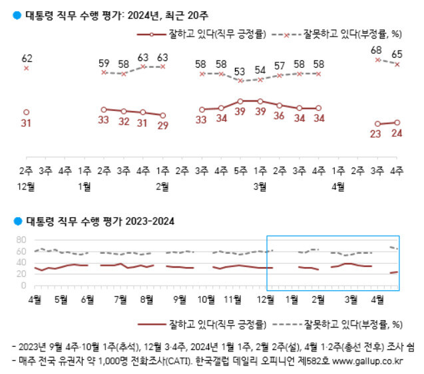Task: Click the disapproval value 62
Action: [26, 58]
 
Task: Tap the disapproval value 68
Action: [377, 50]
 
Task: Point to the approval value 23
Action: [377, 134]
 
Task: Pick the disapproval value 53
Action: [240, 71]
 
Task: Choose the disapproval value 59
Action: [104, 64]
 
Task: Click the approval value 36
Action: [280, 116]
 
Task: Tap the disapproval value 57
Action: [280, 66]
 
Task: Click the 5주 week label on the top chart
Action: [240, 171]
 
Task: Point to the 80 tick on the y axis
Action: [20, 239]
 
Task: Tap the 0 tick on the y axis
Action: [23, 285]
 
